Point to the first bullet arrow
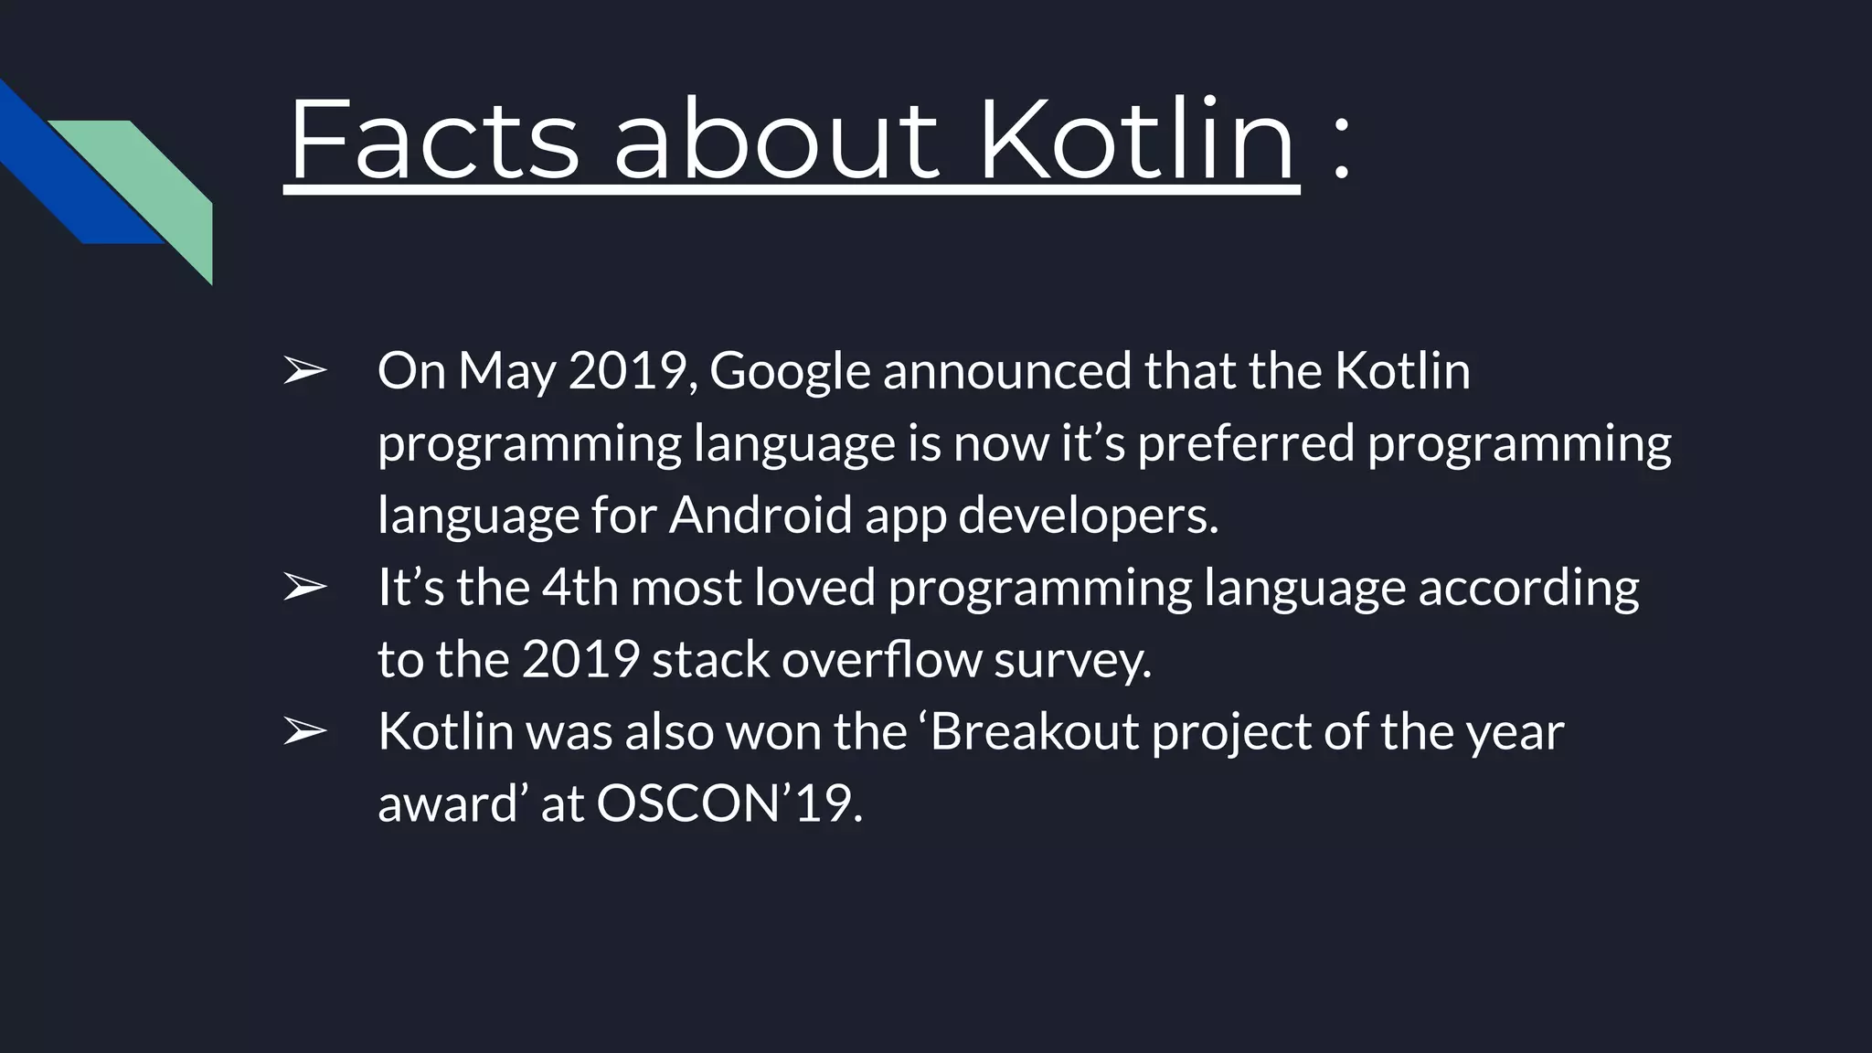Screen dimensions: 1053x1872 pyautogui.click(x=304, y=372)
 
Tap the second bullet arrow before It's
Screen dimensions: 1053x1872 pyautogui.click(x=304, y=588)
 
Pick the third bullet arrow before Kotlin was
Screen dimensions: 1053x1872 pyautogui.click(x=304, y=732)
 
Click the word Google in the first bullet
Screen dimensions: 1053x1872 pyautogui.click(x=790, y=372)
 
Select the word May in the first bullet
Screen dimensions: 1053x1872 pyautogui.click(x=505, y=372)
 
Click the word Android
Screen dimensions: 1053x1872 pyautogui.click(x=760, y=515)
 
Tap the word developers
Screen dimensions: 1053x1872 pyautogui.click(x=1088, y=515)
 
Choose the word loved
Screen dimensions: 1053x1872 pyautogui.click(x=814, y=587)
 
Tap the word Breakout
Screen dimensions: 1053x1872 pyautogui.click(x=1035, y=731)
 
